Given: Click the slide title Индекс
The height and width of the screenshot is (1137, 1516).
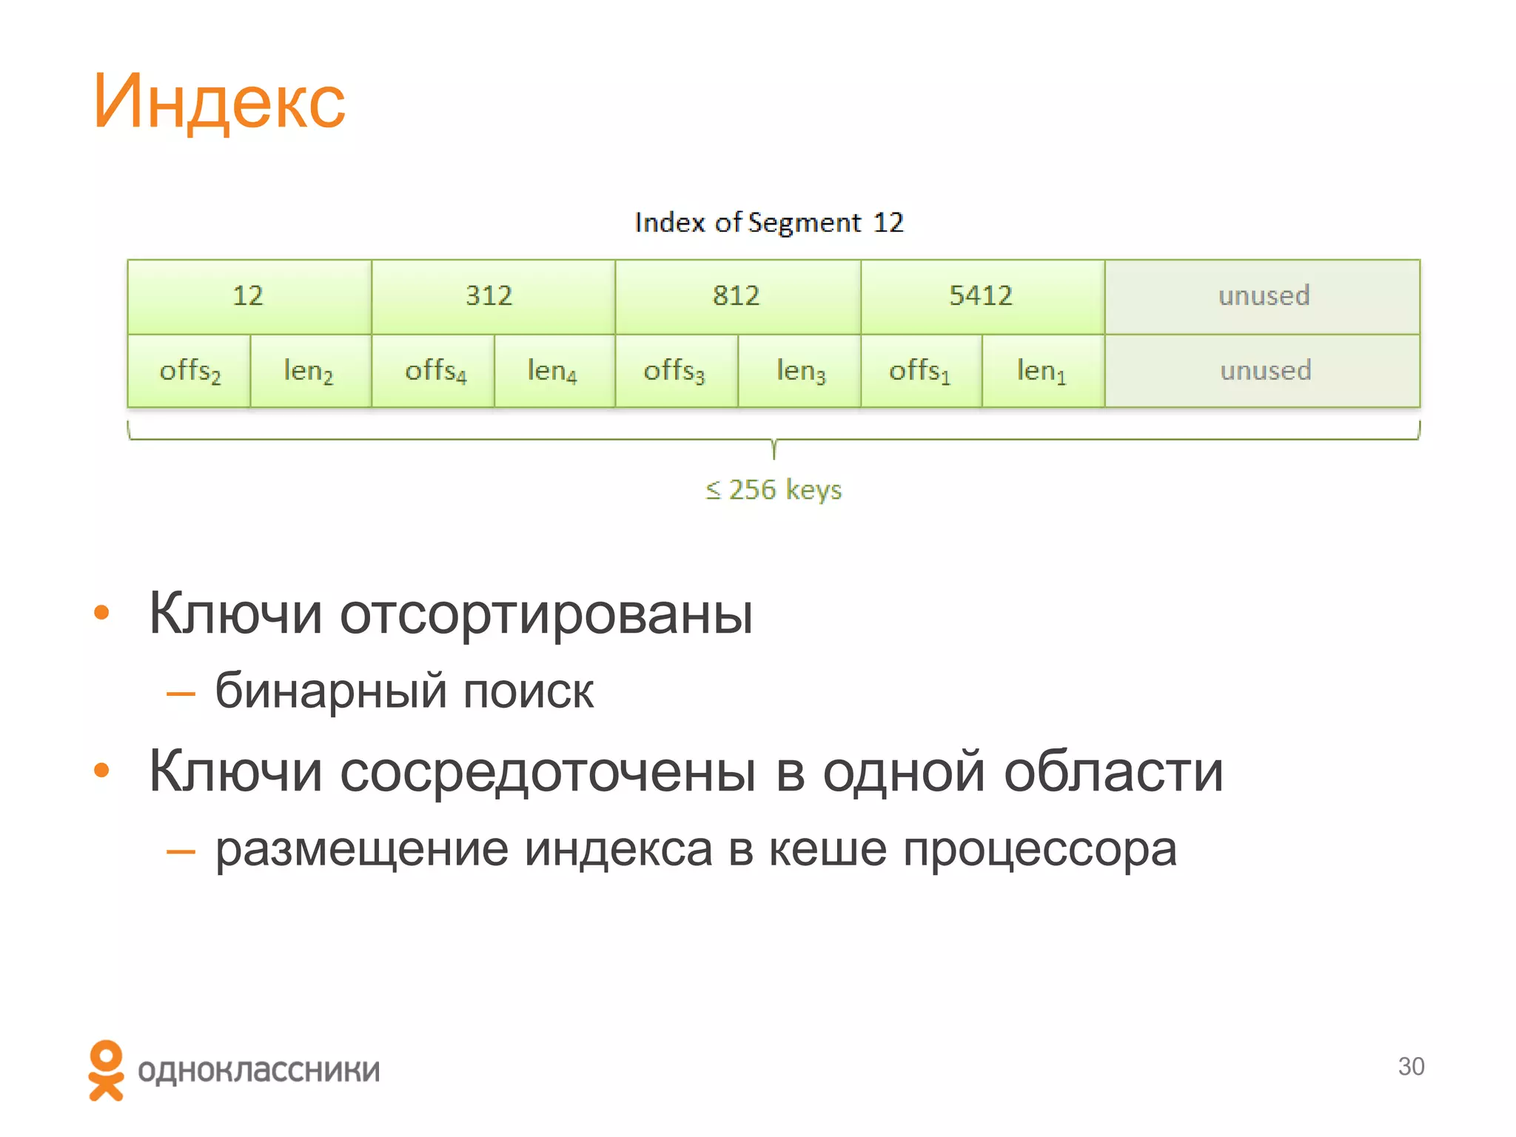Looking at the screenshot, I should click(219, 102).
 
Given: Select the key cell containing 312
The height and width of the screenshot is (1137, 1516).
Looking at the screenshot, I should click(489, 296).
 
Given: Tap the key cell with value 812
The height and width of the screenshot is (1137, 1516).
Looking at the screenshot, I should click(737, 296).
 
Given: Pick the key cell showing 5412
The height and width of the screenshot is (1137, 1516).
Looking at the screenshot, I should click(981, 296).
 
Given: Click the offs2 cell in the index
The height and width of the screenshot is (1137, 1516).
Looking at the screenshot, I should click(189, 371).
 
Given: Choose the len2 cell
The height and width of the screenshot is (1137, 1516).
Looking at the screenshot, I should click(309, 371).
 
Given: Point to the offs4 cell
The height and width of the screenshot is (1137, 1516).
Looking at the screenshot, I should click(435, 371).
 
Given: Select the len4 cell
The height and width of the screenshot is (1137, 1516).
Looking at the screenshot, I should click(552, 371).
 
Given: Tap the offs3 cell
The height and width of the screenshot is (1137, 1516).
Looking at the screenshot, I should click(674, 371).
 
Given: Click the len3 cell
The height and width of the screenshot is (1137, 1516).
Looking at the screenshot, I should click(800, 371).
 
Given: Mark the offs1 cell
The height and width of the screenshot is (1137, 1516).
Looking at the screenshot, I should click(919, 371).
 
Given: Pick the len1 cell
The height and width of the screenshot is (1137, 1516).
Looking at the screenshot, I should click(1042, 371).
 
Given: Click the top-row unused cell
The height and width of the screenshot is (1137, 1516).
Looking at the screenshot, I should click(1264, 296).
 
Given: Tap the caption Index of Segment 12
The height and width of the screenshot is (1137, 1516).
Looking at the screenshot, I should click(769, 223).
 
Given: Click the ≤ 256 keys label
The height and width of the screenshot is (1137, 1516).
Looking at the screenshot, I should click(774, 490).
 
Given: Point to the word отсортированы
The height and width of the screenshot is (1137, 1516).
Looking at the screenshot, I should click(546, 614).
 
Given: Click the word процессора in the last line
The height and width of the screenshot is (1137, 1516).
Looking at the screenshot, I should click(1039, 849).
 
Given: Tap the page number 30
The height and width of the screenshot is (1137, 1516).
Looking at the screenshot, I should click(1411, 1067).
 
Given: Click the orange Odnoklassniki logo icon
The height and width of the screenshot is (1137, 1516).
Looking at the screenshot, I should click(106, 1070).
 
